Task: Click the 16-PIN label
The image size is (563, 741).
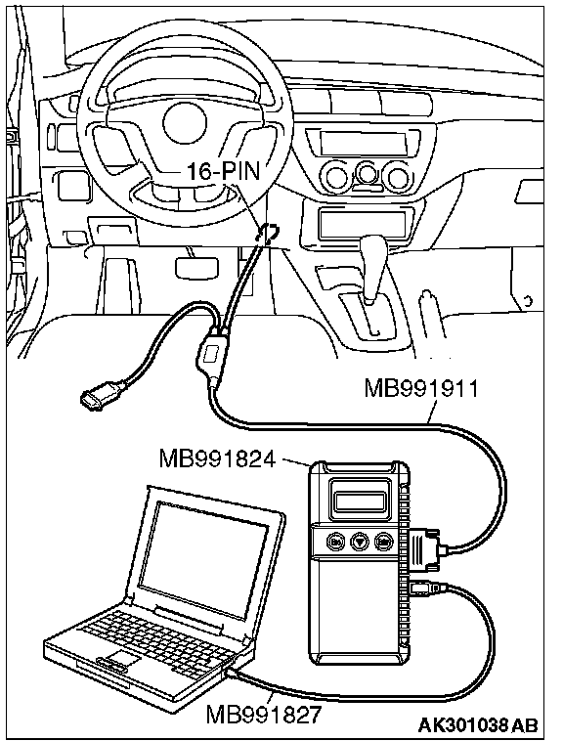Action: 224,171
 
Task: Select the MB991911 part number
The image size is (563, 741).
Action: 422,389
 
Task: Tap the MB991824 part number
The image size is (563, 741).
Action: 217,458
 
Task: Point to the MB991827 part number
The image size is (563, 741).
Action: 263,714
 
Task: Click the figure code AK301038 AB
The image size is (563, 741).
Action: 478,724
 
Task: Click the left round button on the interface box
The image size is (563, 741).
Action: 336,541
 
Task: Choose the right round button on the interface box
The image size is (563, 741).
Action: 383,541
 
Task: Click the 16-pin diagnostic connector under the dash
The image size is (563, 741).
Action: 268,232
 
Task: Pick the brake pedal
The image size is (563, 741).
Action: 196,267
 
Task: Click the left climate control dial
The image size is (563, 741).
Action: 336,177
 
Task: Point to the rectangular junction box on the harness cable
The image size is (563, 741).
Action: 213,354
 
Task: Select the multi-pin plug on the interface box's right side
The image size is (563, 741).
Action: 423,550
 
